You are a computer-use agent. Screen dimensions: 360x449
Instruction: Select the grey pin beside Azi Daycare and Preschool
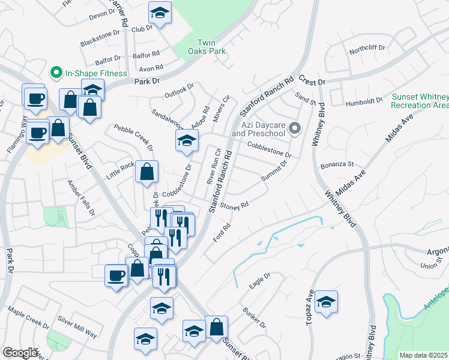tap(295, 128)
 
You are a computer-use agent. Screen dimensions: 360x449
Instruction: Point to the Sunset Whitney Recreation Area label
tap(420, 101)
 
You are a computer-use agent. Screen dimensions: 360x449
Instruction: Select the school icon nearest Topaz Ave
tap(326, 301)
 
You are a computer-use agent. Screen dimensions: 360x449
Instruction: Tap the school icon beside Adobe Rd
tap(187, 141)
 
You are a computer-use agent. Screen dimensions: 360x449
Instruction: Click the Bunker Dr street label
tap(255, 318)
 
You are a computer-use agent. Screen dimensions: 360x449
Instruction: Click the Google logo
tap(20, 353)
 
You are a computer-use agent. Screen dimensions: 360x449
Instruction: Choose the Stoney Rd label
tap(235, 206)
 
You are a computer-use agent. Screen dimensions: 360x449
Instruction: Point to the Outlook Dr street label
tap(180, 91)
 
